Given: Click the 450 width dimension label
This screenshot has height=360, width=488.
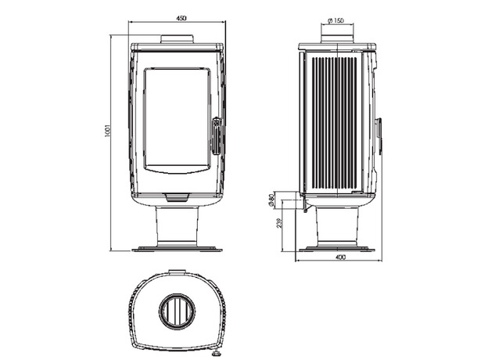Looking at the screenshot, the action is point(181,18).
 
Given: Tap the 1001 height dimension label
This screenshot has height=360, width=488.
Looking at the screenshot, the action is point(107,131).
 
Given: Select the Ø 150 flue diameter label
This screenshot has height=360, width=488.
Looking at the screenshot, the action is point(335,20).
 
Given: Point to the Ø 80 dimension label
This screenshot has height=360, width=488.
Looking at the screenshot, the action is point(271,200).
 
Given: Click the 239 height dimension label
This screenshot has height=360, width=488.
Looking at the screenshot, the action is point(279,223).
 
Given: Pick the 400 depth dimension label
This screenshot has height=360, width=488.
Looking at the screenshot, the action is point(341,257).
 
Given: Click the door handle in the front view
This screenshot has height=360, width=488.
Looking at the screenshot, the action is point(217,135).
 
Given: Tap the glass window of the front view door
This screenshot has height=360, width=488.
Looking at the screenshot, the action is point(177,120).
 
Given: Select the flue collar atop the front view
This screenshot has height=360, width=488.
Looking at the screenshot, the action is point(177,39).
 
